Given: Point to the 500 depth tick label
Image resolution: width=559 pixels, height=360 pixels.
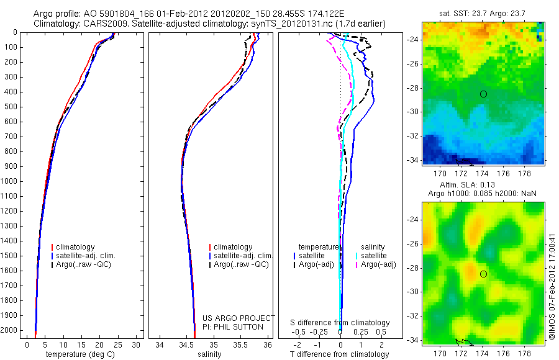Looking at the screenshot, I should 11,107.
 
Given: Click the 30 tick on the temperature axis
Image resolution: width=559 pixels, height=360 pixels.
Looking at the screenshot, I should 137,344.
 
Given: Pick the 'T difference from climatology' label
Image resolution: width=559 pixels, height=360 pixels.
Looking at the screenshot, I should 339,354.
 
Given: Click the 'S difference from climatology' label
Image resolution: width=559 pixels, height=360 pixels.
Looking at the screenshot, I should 340,323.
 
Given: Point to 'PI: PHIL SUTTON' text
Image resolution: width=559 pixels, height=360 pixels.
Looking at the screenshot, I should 233,327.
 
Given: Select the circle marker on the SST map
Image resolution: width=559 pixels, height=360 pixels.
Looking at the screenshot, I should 483,94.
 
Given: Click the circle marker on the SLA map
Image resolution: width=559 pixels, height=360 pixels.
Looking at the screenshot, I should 483,274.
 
